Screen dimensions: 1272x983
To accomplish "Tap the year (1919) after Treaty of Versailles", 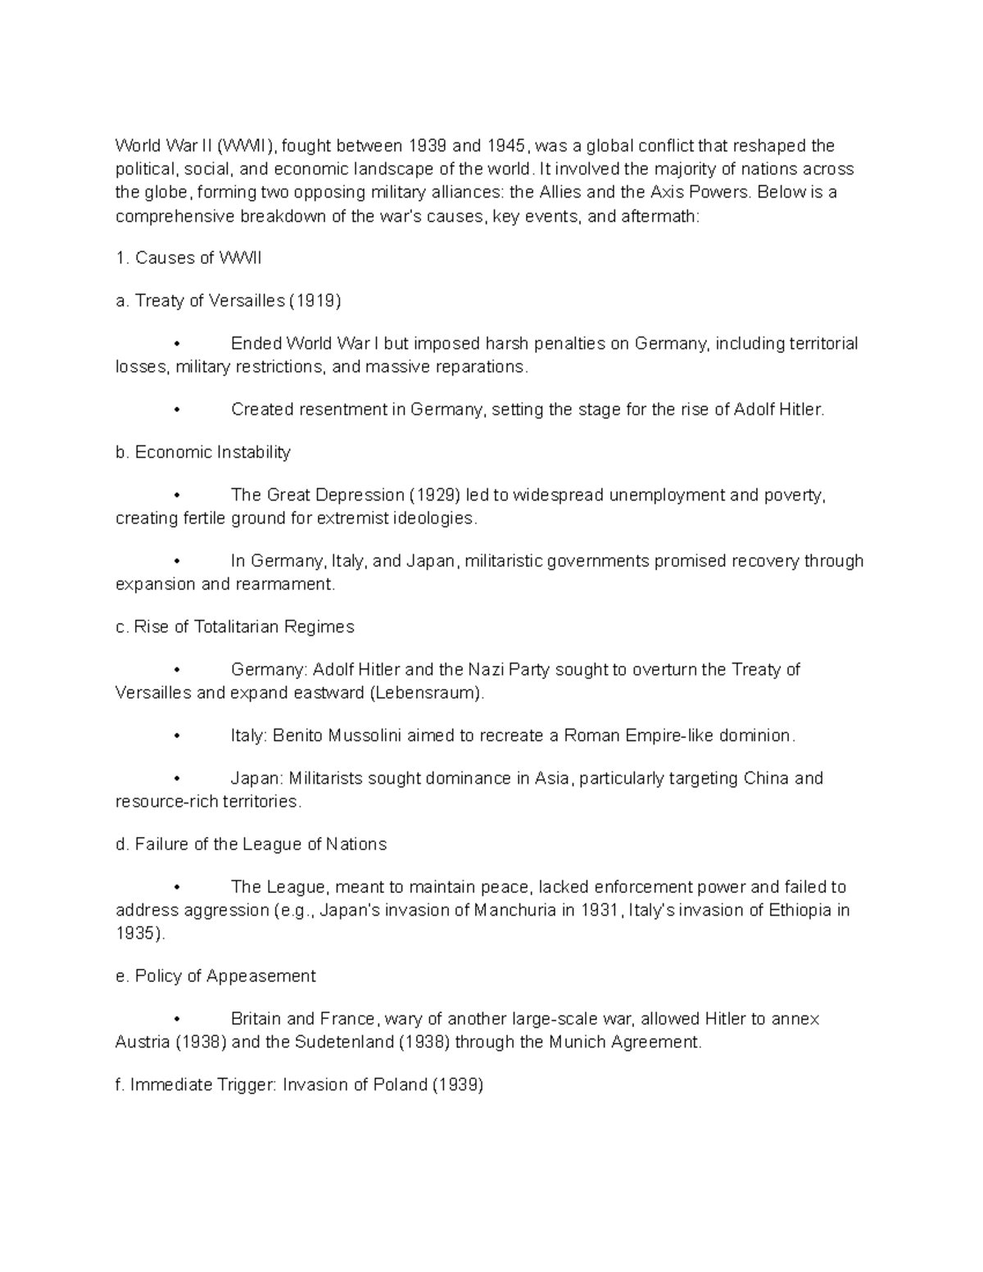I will pyautogui.click(x=315, y=301).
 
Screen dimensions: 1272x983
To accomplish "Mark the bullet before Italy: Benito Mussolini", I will pyautogui.click(x=177, y=736).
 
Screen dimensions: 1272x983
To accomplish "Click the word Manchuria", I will pyautogui.click(x=514, y=910).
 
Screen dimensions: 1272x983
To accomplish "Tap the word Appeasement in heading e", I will pyautogui.click(x=260, y=976).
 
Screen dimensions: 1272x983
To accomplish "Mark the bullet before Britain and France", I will pyautogui.click(x=177, y=1019).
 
